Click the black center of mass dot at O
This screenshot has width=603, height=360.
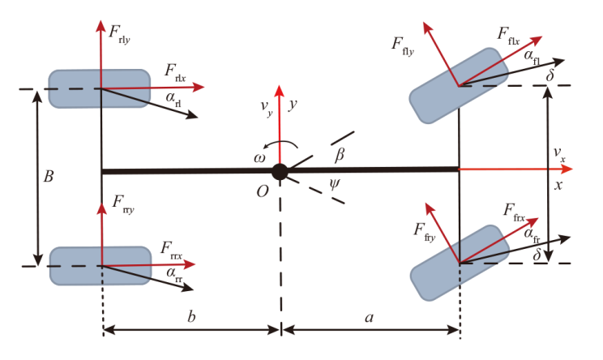tap(280, 171)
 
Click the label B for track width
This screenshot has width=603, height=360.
tap(49, 177)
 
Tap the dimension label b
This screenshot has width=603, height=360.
tap(190, 319)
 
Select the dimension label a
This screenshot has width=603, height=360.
tap(370, 319)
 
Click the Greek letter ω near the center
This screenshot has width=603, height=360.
tap(259, 159)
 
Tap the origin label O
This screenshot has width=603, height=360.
tap(263, 191)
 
